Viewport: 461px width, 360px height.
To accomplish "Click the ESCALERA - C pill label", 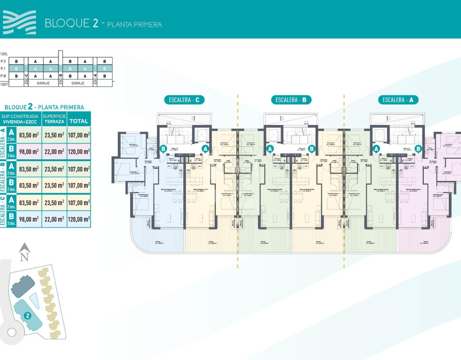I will tap(185, 100).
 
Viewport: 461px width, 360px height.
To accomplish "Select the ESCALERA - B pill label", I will tap(291, 100).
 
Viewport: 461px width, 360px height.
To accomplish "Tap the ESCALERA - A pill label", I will tap(398, 100).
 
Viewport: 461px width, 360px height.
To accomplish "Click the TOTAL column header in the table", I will tap(79, 121).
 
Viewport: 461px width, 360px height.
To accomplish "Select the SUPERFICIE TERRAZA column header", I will tap(54, 119).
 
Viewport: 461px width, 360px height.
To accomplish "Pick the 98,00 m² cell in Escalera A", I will tap(29, 152).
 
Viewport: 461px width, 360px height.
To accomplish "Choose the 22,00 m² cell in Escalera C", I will tap(54, 219).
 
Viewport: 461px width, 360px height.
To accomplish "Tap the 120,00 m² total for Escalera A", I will tap(79, 152).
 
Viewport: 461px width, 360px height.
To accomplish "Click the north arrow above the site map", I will tap(24, 252).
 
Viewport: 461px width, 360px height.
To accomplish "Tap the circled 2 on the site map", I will tap(27, 315).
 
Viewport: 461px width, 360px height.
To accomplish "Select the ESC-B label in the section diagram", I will tap(61, 79).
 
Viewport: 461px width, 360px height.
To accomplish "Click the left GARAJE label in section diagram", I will tap(43, 84).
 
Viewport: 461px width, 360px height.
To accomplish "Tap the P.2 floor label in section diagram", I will tap(3, 61).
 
